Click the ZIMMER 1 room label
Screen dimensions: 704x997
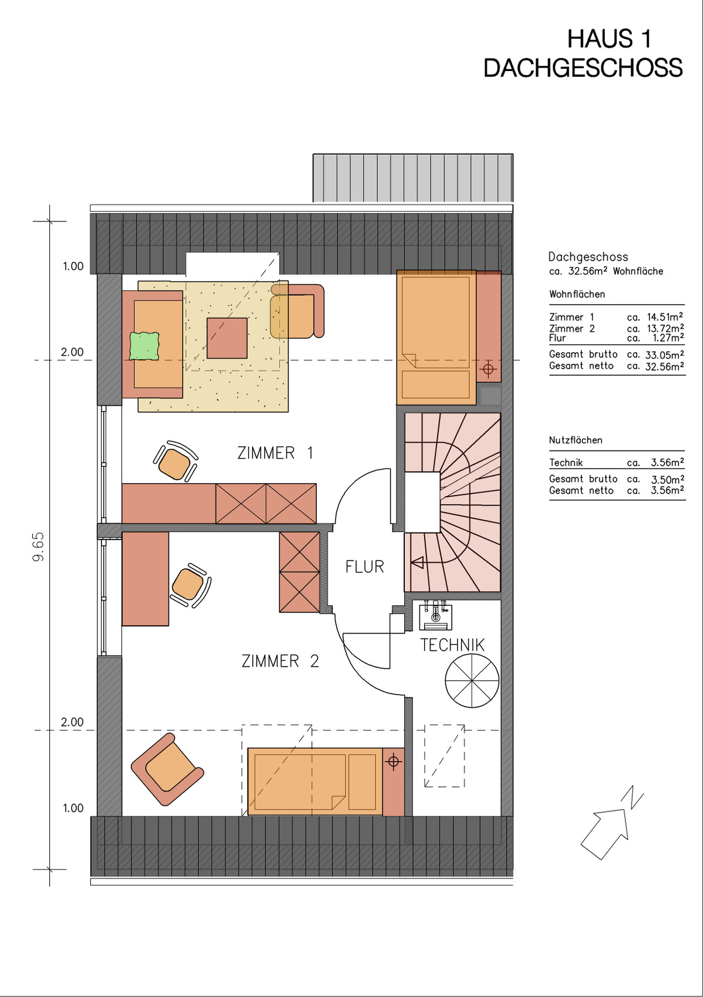click(x=275, y=453)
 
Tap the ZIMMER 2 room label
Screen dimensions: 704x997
click(x=280, y=661)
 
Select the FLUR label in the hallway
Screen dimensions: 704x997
click(x=365, y=567)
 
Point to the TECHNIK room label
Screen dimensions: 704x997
click(x=452, y=645)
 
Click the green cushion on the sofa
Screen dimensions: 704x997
click(x=144, y=346)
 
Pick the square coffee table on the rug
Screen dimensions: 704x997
click(x=227, y=338)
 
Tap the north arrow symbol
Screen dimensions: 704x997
click(x=611, y=823)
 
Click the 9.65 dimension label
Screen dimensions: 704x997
click(x=39, y=547)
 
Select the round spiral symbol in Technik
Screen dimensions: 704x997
click(x=472, y=681)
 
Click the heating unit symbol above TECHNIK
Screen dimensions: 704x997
click(x=435, y=615)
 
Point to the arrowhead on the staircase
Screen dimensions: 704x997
click(x=417, y=563)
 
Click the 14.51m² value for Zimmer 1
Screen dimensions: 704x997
click(x=665, y=317)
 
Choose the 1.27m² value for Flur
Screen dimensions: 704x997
click(x=668, y=338)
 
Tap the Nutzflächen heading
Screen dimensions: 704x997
click(x=576, y=440)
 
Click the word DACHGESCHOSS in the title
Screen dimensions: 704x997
click(x=583, y=68)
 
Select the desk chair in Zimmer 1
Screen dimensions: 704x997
click(x=175, y=461)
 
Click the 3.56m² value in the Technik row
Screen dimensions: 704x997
click(x=667, y=463)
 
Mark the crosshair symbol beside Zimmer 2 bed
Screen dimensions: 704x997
click(x=393, y=762)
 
